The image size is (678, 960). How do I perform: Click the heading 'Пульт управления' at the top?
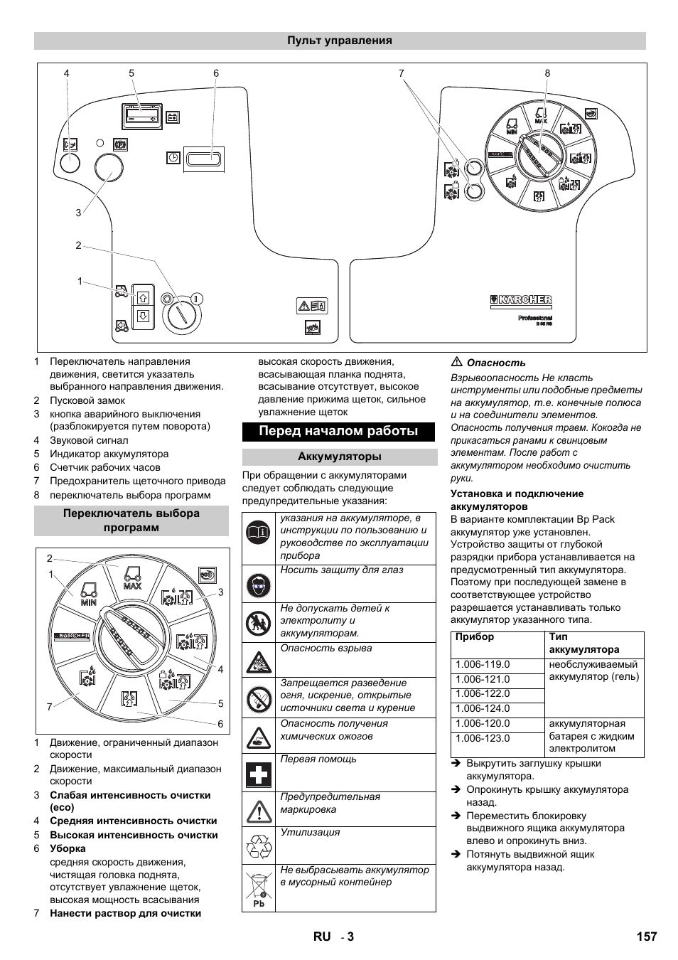point(339,41)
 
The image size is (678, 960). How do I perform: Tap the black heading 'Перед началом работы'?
point(338,431)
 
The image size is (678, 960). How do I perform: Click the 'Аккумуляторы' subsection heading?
point(339,457)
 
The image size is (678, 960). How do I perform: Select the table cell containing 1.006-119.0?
point(483,664)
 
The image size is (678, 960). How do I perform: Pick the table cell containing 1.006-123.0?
point(483,738)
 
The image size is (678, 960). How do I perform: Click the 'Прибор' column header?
point(474,637)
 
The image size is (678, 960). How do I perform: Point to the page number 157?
point(646,936)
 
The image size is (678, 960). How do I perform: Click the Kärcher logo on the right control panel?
point(521,301)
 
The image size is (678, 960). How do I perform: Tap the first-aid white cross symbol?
point(259,773)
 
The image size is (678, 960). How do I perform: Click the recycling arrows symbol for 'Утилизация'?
point(259,846)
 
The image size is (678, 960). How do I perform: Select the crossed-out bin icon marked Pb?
point(259,887)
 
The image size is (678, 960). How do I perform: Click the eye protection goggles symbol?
point(259,585)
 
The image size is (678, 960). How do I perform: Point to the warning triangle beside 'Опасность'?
point(457,362)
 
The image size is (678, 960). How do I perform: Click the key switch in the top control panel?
point(182,314)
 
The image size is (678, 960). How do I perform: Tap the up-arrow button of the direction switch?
point(143,297)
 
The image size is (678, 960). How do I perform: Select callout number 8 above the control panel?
point(547,73)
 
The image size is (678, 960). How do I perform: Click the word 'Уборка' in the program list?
point(68,848)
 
